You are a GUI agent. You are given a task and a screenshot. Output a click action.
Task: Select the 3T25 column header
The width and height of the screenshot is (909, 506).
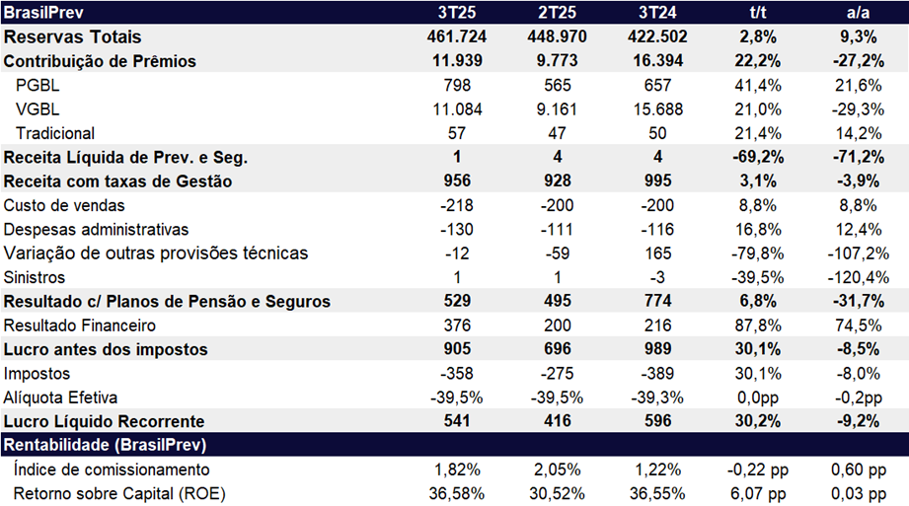[455, 13]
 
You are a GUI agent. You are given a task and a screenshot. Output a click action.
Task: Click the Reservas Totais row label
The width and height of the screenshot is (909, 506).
[73, 37]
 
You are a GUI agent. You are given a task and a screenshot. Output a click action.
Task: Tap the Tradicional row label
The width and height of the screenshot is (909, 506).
[55, 133]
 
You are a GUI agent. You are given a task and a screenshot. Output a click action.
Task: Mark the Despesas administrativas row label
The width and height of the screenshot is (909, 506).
[97, 229]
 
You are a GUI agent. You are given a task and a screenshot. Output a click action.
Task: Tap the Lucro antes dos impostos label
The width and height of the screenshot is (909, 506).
[106, 349]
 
